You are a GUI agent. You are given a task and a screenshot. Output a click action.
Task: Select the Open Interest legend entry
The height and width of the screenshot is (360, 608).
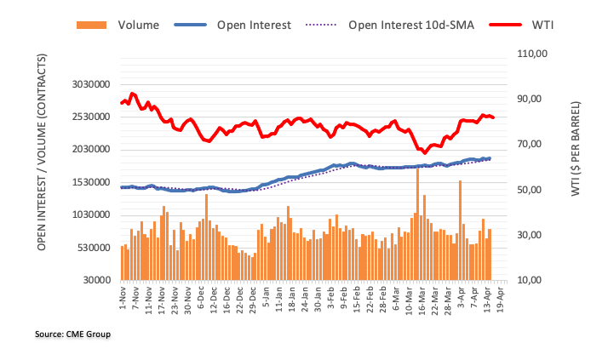pyautogui.click(x=244, y=25)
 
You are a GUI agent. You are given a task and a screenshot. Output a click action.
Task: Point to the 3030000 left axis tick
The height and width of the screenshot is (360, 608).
pyautogui.click(x=88, y=84)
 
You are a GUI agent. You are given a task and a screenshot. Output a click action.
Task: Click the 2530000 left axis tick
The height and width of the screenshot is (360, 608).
pyautogui.click(x=88, y=117)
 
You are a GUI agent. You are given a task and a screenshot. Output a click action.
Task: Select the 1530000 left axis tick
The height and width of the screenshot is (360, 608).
pyautogui.click(x=88, y=182)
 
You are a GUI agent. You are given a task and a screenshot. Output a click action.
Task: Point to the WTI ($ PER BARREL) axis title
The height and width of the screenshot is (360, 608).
pyautogui.click(x=578, y=149)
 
